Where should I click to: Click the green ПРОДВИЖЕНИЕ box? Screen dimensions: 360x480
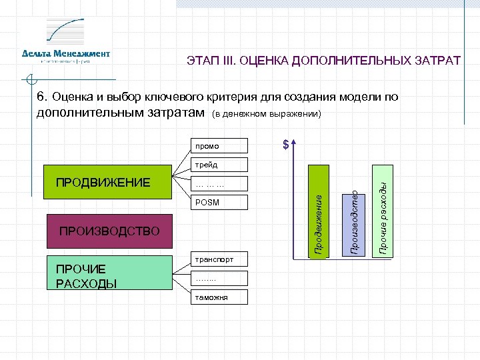(107, 179)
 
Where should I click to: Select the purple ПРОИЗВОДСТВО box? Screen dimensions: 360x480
(109, 231)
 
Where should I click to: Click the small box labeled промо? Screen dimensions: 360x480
(219, 145)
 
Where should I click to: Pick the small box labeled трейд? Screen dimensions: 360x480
(219, 164)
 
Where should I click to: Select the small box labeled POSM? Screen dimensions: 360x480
(219, 202)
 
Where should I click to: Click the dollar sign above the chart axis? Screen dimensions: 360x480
(285, 145)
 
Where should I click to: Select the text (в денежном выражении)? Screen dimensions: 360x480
(266, 115)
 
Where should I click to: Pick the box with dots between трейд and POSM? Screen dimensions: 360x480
(219, 183)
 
